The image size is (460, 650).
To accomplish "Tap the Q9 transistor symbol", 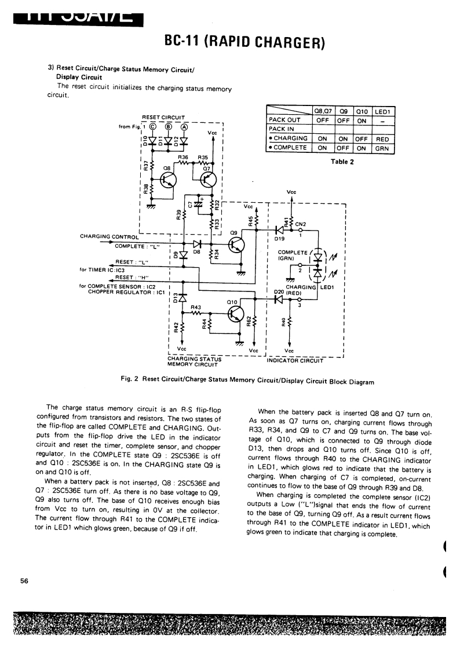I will (237, 244).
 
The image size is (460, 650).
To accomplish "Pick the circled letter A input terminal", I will (184, 129).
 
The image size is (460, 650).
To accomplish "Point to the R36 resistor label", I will (183, 157).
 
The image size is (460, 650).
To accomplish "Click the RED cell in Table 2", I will (382, 139).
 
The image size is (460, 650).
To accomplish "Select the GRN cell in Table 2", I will (382, 148).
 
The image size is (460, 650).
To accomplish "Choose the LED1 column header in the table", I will (384, 112).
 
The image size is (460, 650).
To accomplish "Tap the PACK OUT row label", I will (282, 120).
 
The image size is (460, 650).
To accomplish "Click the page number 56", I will (24, 581).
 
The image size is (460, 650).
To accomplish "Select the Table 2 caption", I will (342, 162).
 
